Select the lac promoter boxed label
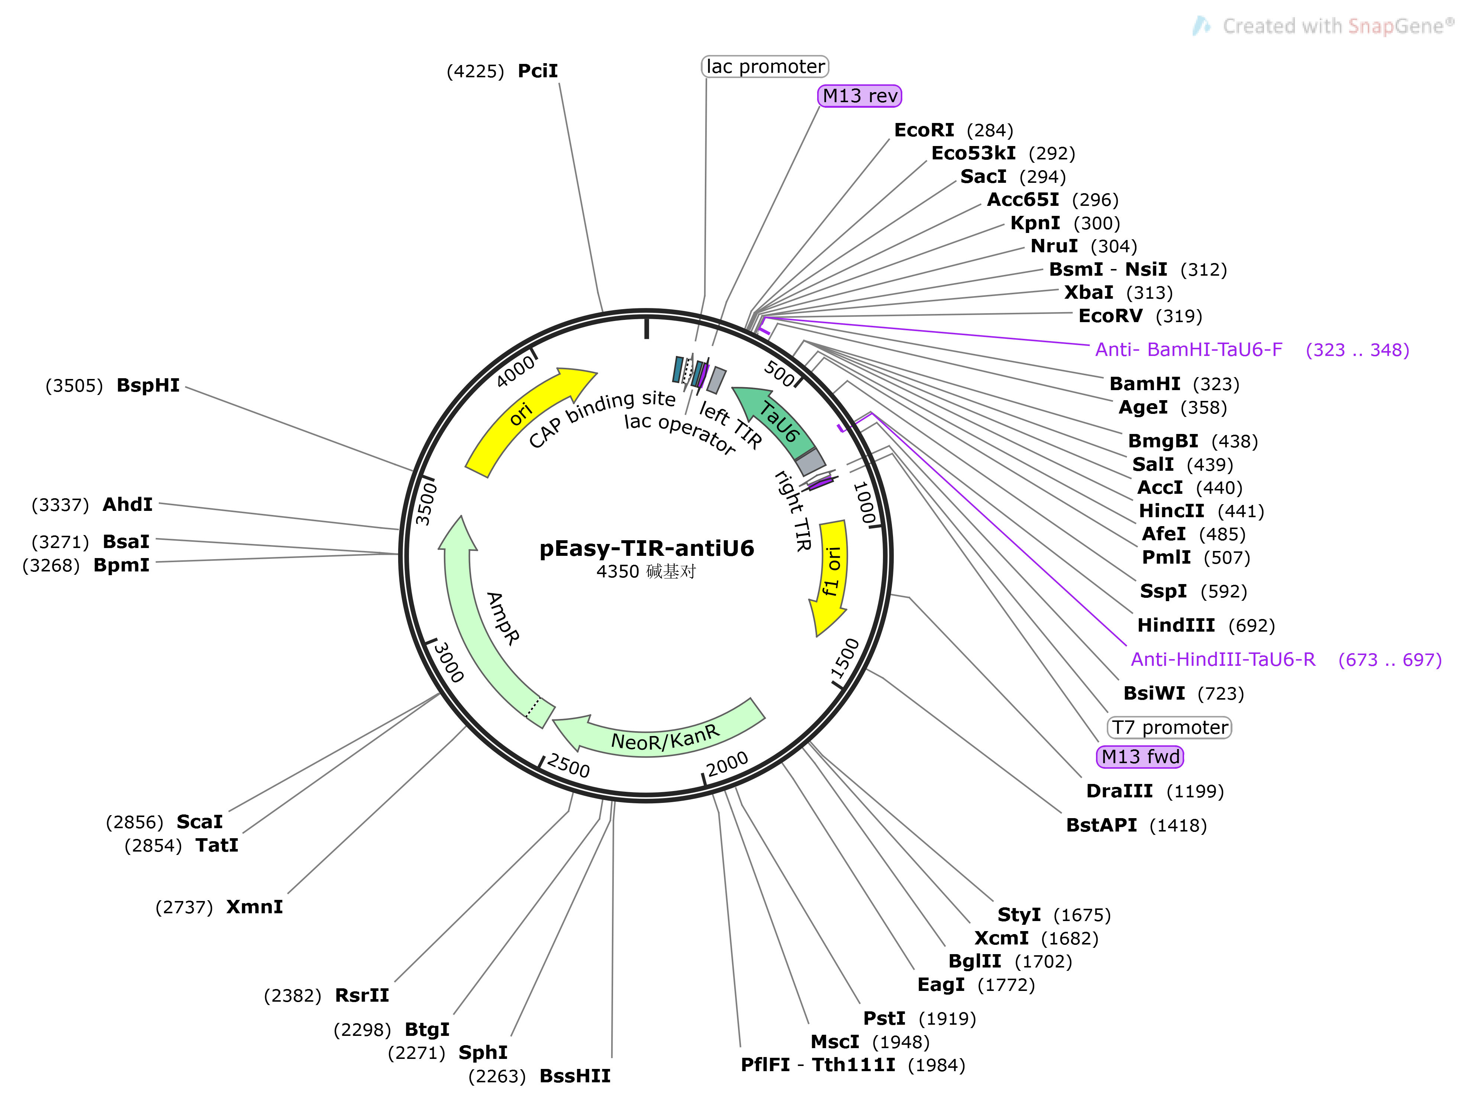(765, 67)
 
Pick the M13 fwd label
(1140, 756)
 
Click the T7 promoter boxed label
(1169, 727)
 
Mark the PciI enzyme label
(538, 71)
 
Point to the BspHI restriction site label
(148, 385)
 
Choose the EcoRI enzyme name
(924, 130)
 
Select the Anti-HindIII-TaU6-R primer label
(1223, 659)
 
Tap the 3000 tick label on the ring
(449, 662)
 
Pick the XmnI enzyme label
(255, 907)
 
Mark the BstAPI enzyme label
(1101, 825)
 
